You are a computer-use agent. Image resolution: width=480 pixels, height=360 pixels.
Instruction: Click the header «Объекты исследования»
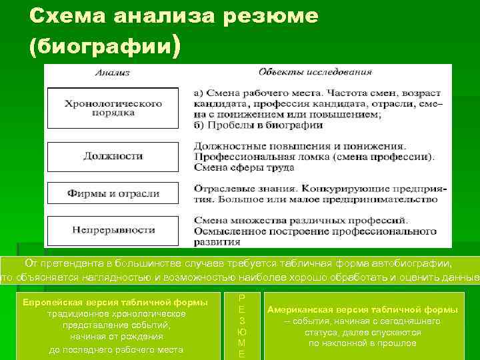coord(315,72)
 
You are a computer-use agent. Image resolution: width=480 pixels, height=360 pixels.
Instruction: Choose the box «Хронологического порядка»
coord(113,108)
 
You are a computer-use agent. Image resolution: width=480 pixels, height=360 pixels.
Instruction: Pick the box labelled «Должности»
coord(113,156)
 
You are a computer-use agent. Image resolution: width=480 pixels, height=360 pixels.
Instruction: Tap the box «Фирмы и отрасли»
coord(113,193)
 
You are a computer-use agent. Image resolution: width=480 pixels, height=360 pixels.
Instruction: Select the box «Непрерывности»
coord(113,230)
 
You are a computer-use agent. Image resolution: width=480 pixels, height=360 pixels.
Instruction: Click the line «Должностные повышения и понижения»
coord(299,145)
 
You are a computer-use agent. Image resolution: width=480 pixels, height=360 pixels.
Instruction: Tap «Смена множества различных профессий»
coord(301,220)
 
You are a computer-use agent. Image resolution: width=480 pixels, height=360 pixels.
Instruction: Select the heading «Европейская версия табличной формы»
coord(115,303)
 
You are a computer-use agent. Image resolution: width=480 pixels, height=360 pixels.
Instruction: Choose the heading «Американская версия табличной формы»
coord(363,310)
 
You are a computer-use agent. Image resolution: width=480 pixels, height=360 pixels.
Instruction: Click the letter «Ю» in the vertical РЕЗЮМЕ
coord(241,331)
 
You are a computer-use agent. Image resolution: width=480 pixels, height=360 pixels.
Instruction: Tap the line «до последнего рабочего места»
coord(116,349)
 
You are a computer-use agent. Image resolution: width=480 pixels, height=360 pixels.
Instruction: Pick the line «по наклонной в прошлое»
coord(363,343)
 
